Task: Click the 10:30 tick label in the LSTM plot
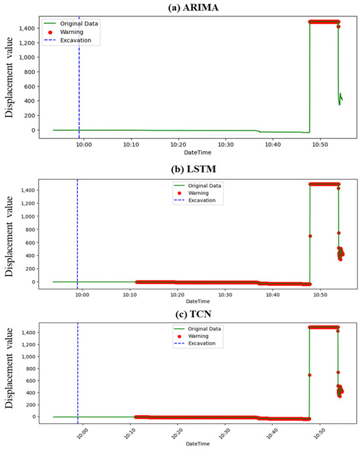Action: tap(225, 295)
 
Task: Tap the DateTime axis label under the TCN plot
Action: tap(194, 445)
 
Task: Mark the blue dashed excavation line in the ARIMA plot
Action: tap(79, 78)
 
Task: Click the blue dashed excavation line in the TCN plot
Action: tap(78, 373)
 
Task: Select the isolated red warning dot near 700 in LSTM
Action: tap(310, 235)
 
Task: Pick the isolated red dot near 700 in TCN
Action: tap(310, 375)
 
